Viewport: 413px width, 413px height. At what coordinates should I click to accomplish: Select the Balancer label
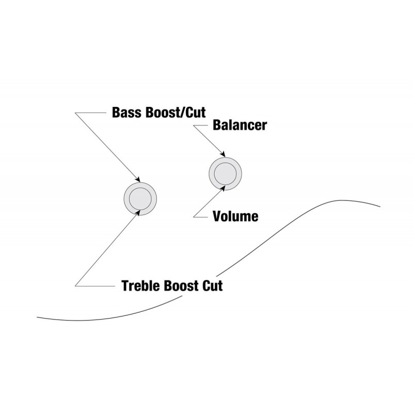point(240,125)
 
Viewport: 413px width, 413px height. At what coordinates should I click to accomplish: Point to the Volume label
point(235,216)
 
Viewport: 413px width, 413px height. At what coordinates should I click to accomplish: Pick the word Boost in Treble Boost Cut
point(181,285)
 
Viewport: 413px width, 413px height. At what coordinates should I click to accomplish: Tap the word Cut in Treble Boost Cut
point(212,285)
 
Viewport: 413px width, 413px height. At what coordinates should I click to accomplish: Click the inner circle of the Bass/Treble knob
point(140,198)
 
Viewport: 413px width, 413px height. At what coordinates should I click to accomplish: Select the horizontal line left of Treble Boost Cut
point(95,285)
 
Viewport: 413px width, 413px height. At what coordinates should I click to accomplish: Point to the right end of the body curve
point(380,207)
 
